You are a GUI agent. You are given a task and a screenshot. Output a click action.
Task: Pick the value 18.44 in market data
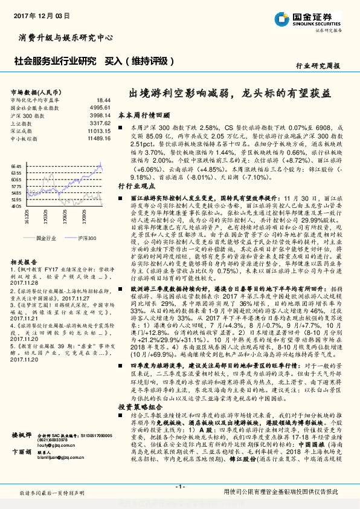pos(103,100)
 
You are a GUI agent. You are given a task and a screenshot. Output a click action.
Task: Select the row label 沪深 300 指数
pos(27,114)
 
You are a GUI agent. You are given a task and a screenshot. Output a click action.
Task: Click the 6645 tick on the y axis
pos(16,166)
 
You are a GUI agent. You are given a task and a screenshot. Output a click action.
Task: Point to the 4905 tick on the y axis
pos(16,206)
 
